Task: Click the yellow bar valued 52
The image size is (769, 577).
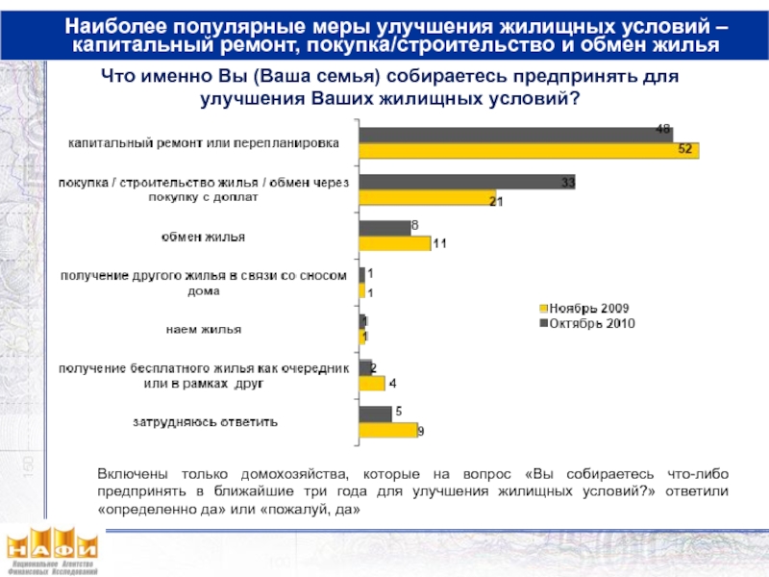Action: click(x=528, y=150)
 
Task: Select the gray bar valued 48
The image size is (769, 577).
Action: click(x=515, y=134)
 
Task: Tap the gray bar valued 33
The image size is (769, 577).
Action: click(x=466, y=181)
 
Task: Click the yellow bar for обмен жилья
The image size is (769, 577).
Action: click(x=394, y=243)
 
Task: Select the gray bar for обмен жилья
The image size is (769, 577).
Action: click(x=384, y=228)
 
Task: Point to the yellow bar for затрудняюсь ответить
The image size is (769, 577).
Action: click(x=387, y=430)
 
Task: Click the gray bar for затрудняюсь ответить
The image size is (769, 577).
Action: click(x=375, y=414)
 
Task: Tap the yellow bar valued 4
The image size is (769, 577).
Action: click(x=371, y=383)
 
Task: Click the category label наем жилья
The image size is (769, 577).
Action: click(x=199, y=330)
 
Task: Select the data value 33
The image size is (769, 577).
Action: click(x=567, y=182)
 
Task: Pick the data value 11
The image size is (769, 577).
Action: click(x=439, y=244)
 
